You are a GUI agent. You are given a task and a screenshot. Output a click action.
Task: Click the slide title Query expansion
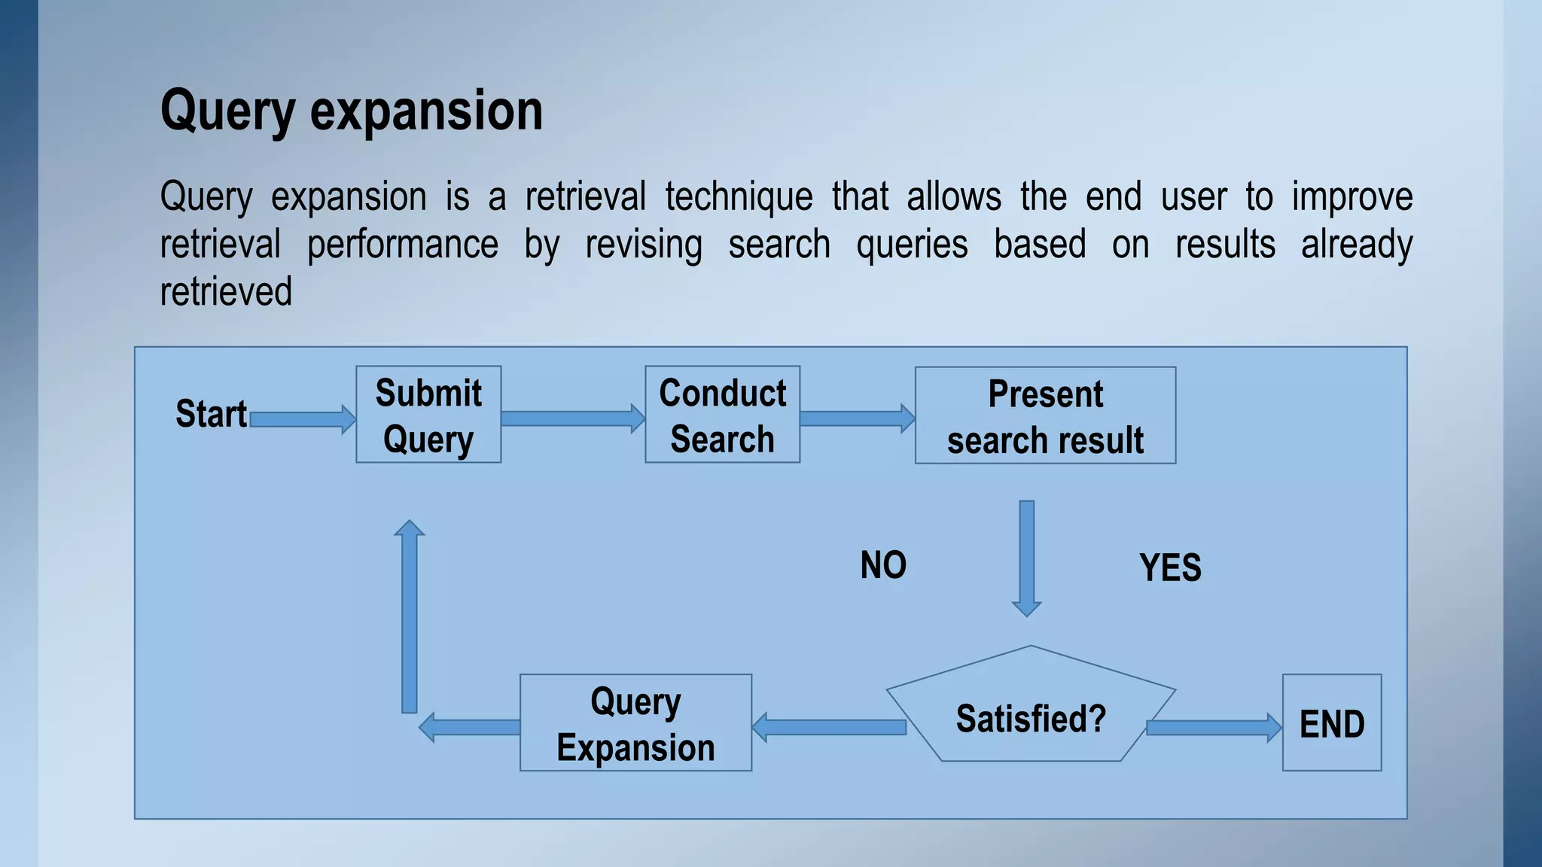(352, 111)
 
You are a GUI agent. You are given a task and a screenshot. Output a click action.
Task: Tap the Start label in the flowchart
(211, 414)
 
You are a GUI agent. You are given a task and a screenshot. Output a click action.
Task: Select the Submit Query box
(428, 415)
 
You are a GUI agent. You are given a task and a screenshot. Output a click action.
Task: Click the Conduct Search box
(722, 415)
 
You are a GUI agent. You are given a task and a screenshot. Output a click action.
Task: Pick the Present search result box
(1045, 415)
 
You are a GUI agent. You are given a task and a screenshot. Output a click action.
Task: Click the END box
(1331, 723)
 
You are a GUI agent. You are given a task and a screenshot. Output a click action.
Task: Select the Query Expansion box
(635, 723)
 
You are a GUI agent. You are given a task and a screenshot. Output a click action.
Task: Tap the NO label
(883, 565)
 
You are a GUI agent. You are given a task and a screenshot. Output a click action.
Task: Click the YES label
(1170, 567)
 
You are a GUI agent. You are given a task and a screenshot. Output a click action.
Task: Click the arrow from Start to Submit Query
(302, 419)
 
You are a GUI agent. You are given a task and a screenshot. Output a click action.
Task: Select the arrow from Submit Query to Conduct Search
(572, 418)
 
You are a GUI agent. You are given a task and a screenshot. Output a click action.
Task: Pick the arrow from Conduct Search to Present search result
(857, 418)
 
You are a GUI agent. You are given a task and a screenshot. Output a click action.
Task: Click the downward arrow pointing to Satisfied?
(1026, 557)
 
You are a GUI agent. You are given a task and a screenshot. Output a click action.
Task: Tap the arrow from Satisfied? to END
(1213, 727)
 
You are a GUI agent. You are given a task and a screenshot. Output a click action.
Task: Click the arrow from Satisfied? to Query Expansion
(828, 727)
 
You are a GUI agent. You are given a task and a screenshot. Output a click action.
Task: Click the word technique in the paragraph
(739, 197)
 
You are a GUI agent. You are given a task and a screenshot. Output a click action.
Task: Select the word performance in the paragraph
(402, 245)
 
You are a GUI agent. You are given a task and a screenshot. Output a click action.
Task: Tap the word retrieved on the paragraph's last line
(226, 292)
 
